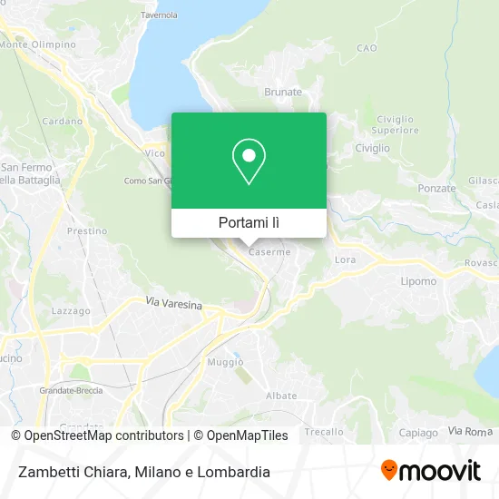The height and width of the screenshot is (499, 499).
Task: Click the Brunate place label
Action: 282,92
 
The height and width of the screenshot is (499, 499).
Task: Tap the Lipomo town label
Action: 419,281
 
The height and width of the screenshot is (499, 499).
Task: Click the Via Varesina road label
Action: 174,306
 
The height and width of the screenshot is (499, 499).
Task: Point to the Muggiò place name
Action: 226,362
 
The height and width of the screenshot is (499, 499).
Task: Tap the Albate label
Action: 281,396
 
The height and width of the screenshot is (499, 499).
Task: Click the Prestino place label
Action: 87,231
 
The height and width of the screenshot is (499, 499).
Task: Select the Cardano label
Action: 62,121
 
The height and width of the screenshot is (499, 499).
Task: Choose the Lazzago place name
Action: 71,311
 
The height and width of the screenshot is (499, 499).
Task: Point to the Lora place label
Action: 346,259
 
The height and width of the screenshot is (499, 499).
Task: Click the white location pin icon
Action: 249,161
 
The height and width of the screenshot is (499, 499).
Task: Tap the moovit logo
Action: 430,471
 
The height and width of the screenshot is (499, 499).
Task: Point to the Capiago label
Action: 417,432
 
